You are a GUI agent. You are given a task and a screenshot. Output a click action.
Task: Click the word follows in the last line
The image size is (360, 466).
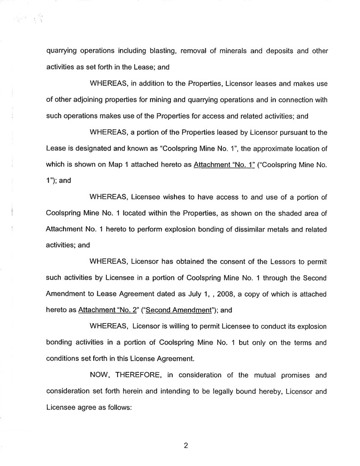pyautogui.click(x=119, y=407)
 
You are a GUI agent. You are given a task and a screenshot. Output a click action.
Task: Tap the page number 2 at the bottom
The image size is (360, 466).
pyautogui.click(x=185, y=446)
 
